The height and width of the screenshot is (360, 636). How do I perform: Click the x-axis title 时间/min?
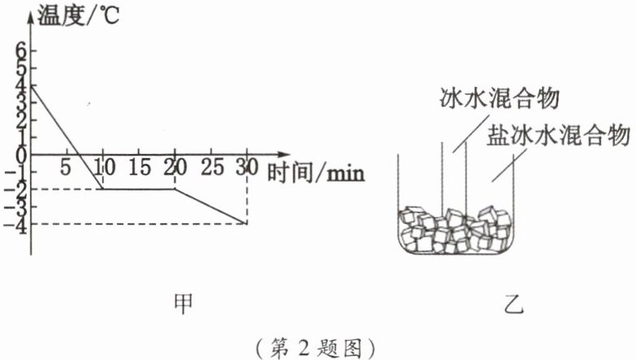pyautogui.click(x=316, y=171)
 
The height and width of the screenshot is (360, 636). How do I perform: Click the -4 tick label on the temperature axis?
pyautogui.click(x=15, y=224)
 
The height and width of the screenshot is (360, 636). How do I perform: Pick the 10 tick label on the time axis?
pyautogui.click(x=102, y=169)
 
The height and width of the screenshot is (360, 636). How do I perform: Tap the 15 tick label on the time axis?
pyautogui.click(x=139, y=169)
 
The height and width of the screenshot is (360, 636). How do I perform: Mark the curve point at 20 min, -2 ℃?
pyautogui.click(x=175, y=189)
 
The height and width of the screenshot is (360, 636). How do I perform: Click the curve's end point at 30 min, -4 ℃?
pyautogui.click(x=247, y=223)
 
